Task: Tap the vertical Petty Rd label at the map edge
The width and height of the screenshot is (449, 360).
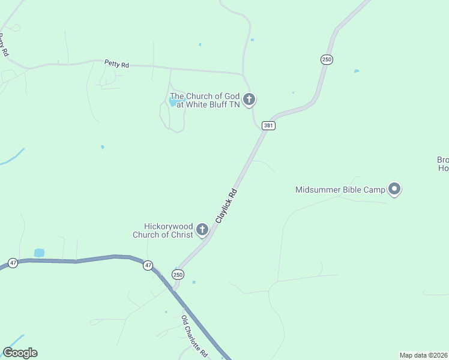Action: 4,44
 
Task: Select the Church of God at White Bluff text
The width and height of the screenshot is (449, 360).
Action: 205,100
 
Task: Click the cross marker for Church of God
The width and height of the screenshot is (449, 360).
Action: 249,100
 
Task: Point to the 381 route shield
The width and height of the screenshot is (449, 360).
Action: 268,125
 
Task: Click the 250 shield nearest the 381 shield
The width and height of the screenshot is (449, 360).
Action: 326,59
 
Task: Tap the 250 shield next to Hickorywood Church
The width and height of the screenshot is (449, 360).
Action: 178,274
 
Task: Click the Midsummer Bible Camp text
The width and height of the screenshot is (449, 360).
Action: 340,190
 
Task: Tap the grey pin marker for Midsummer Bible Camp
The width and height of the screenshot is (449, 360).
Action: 394,189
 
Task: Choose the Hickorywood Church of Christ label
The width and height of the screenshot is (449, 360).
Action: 163,230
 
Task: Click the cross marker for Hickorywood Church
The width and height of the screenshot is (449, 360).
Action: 202,229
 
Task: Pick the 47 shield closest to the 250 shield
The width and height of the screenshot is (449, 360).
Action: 148,265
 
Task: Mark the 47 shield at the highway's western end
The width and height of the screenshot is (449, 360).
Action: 13,263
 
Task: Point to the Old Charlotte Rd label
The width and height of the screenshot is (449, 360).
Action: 194,336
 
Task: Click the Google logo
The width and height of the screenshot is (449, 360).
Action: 20,353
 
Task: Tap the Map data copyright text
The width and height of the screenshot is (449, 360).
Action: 424,355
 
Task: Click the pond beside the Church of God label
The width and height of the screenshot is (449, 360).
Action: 173,103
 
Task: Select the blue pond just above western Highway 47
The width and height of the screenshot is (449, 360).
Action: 39,253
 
